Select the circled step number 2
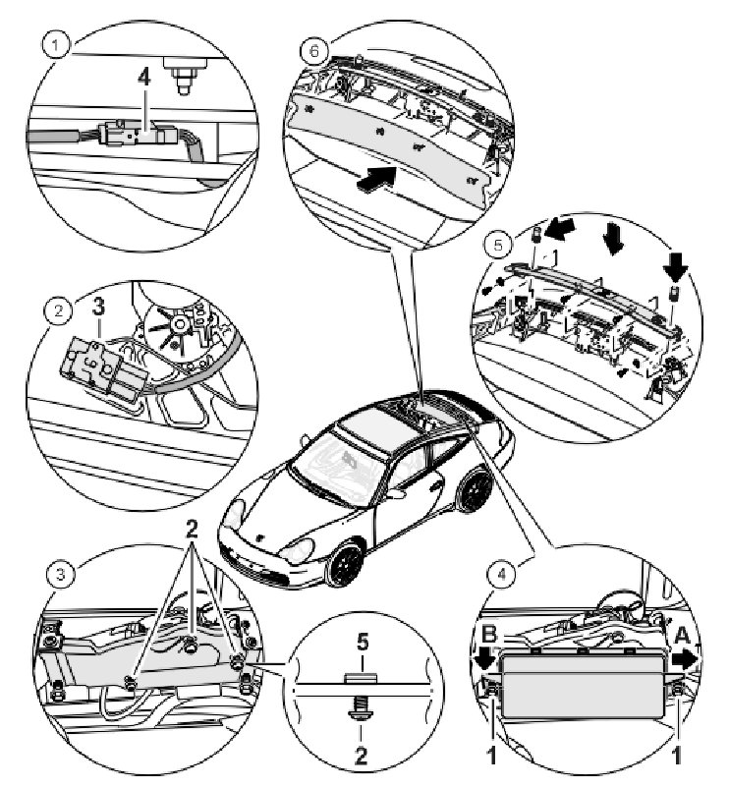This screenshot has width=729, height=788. (59, 311)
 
